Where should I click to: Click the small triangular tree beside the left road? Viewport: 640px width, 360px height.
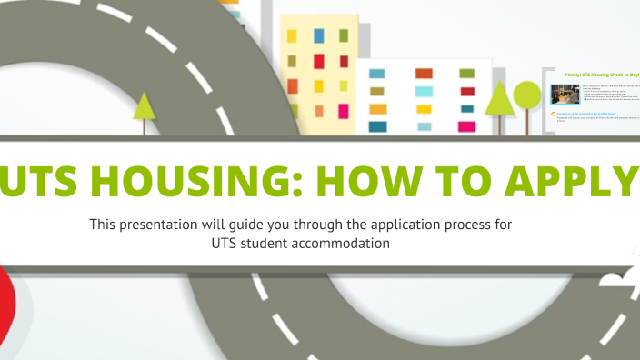(144, 106)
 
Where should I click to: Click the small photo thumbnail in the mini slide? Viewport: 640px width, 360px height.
(565, 95)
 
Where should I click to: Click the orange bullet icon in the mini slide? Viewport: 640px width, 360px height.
(554, 114)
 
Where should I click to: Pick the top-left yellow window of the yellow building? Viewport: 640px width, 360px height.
(292, 36)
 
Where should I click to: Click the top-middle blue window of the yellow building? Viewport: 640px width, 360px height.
(318, 35)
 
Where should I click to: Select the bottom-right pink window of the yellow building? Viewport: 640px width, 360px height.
(344, 111)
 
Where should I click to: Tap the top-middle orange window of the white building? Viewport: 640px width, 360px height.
(424, 73)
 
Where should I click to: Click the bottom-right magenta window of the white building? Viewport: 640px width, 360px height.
(467, 126)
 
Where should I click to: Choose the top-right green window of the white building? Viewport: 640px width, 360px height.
(467, 73)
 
